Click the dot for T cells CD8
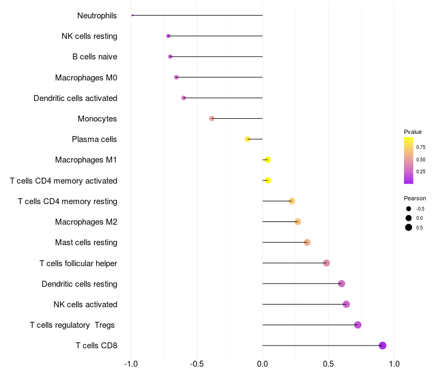coord(382,346)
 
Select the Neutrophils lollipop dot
coord(132,16)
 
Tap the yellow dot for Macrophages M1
coord(267,160)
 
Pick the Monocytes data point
coord(212,118)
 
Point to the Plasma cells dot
coord(247,139)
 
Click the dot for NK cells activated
coord(346,304)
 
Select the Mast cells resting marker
coord(307,242)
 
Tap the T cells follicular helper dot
coord(327,263)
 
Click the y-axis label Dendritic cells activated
coord(76,98)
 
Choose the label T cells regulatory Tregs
coord(72,325)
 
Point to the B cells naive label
coord(95,57)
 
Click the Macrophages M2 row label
coord(86,222)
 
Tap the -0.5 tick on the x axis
coord(197,364)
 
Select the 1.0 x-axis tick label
coord(394,364)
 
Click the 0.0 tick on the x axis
coord(262,364)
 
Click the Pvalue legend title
coord(413,132)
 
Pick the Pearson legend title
coord(415,198)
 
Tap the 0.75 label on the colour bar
coord(421,147)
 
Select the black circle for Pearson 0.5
coord(409,227)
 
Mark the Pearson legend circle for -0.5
coord(409,209)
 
